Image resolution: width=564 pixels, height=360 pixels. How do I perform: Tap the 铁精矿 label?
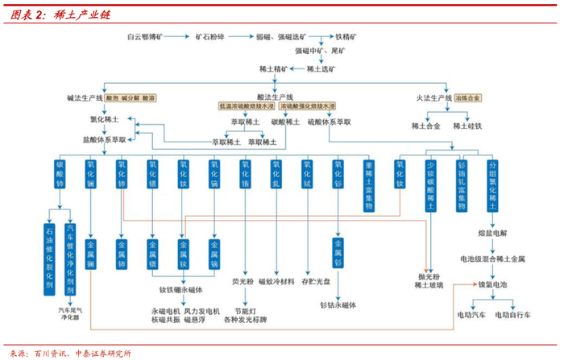click(x=346, y=37)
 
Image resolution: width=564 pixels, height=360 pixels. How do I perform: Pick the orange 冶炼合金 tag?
click(x=467, y=97)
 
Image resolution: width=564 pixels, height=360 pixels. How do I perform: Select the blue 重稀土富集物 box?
click(x=369, y=184)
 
